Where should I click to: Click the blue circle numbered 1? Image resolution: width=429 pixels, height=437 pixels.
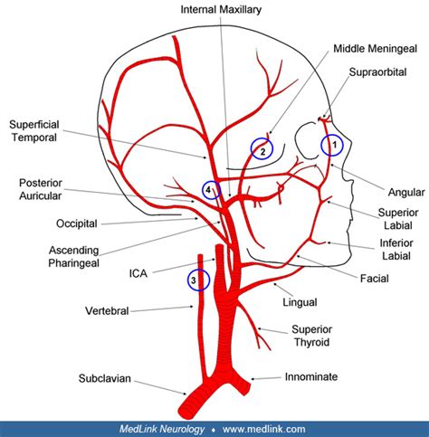(332, 143)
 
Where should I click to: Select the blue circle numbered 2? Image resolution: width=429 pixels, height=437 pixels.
(262, 150)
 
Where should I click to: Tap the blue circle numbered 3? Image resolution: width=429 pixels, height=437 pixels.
(197, 281)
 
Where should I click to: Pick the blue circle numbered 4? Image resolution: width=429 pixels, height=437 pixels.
(212, 190)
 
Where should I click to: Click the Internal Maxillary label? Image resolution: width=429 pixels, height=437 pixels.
(221, 10)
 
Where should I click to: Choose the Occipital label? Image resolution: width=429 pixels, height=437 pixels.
(50, 223)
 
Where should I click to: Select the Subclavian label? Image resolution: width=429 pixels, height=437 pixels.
(103, 380)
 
